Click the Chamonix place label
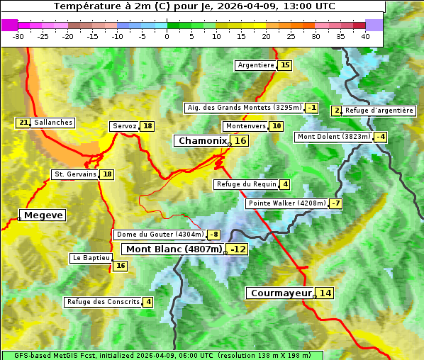click(202, 141)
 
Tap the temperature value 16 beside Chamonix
click(241, 141)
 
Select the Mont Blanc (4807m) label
click(174, 249)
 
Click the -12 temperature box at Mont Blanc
click(238, 249)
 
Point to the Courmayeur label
click(281, 293)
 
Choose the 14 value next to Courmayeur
click(325, 293)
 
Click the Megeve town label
click(43, 215)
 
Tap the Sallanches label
click(53, 123)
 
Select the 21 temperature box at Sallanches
click(23, 123)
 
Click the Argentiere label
click(256, 65)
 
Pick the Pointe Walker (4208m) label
click(286, 203)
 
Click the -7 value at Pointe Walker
click(335, 203)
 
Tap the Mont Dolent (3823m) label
click(333, 137)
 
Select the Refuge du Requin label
click(246, 184)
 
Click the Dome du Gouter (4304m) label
click(160, 235)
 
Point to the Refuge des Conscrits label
click(103, 302)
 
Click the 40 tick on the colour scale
click(365, 36)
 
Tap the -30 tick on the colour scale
click(18, 36)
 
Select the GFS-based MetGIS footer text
click(162, 355)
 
